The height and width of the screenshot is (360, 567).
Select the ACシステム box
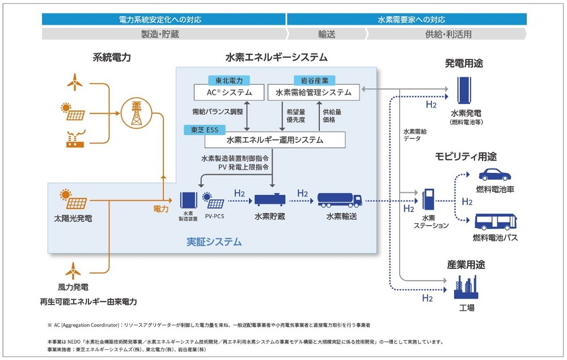[x=229, y=92]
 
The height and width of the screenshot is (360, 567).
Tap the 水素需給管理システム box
[x=314, y=92]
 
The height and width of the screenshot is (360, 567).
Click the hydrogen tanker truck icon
[x=340, y=199]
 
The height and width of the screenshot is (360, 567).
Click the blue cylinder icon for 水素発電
[x=466, y=89]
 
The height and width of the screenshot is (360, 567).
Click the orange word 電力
[x=160, y=209]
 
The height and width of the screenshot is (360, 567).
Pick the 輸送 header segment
[x=327, y=34]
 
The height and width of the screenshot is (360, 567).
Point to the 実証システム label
[x=214, y=242]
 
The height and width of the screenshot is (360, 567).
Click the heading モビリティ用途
[x=466, y=156]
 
